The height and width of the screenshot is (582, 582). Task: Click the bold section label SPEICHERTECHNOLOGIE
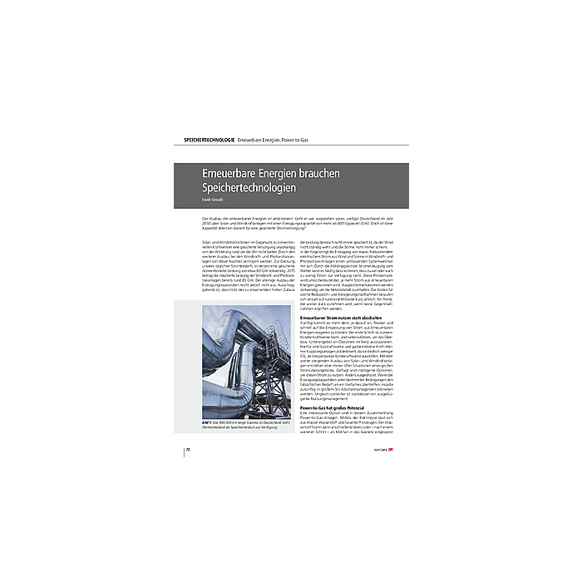tap(209, 136)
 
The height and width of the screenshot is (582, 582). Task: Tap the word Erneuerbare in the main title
tap(222, 173)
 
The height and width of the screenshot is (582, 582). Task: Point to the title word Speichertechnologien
tap(249, 188)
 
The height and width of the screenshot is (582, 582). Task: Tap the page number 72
tap(189, 449)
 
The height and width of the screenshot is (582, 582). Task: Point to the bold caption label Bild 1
tap(208, 423)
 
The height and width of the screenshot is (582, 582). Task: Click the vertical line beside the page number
tap(184, 449)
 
